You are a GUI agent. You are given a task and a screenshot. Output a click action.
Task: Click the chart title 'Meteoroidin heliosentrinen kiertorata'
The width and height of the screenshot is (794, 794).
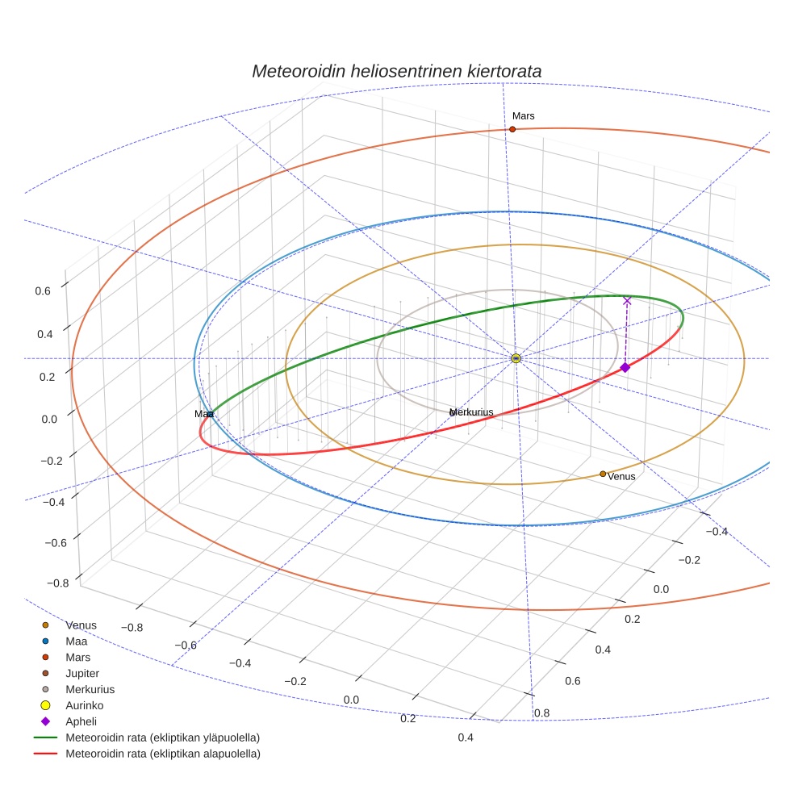396,71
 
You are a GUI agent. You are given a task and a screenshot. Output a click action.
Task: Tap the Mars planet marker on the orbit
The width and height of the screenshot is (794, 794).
512,129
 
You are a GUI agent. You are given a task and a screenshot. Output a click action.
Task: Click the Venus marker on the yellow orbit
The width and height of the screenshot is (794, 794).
603,474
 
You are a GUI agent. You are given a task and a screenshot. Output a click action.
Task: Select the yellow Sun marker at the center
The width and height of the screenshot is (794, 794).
516,358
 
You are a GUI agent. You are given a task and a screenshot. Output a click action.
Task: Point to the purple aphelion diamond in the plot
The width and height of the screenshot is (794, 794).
625,367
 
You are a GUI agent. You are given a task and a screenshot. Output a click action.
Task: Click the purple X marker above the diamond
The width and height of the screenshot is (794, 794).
627,301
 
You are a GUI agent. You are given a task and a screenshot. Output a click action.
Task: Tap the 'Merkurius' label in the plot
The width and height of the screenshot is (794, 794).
472,412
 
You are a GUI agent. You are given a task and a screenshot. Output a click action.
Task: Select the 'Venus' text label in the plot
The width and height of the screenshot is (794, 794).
621,477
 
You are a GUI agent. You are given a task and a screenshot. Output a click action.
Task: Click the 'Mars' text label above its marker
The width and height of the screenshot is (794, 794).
523,116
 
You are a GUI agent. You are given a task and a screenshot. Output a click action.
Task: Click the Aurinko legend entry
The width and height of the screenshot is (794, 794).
84,705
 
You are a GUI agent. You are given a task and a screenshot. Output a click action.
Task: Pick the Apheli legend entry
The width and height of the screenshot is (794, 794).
80,721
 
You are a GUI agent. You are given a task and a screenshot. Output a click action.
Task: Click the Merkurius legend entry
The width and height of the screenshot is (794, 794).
90,689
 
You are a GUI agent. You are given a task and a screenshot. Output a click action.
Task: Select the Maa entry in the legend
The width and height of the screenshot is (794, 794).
77,641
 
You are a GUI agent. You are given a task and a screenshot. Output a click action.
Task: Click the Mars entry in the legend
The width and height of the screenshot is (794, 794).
77,657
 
